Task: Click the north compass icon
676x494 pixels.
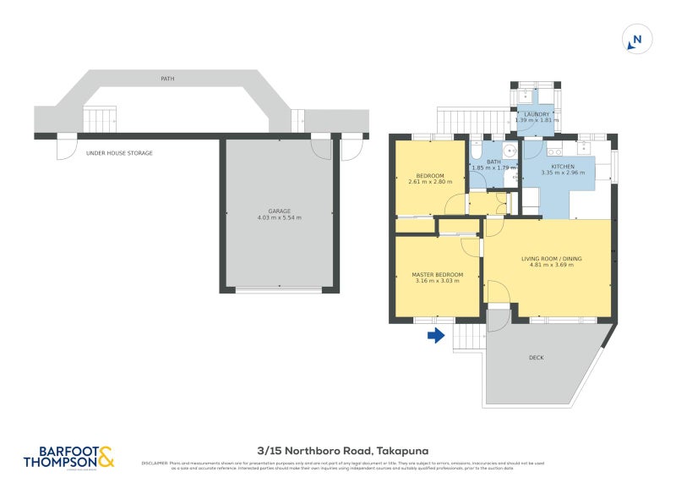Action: (635, 39)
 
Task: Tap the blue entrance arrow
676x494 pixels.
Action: (435, 337)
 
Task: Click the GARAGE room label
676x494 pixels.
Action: (279, 211)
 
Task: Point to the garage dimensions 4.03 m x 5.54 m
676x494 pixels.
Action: (279, 218)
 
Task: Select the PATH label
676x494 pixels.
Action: (167, 79)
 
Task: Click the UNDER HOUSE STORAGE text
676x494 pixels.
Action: (119, 153)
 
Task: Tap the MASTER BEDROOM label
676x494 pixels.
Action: (437, 274)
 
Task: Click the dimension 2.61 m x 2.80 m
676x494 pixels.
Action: (430, 182)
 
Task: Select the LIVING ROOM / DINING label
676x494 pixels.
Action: (551, 258)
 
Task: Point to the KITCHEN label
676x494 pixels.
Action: (563, 167)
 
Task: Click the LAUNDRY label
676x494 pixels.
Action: (537, 114)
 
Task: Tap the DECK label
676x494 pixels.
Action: (537, 358)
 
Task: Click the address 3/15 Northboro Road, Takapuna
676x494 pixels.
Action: (338, 452)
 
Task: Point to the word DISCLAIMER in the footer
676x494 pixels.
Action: (155, 463)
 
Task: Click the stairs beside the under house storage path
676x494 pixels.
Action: (100, 119)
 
